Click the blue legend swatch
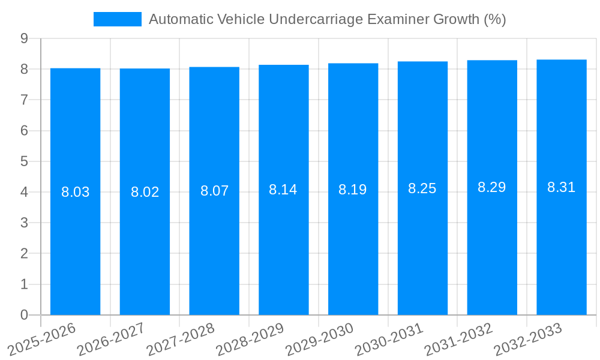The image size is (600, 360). (x=118, y=19)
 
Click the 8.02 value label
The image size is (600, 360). (x=145, y=192)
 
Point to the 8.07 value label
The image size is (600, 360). (x=214, y=191)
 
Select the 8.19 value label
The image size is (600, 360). (x=353, y=190)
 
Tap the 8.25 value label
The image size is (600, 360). (x=422, y=188)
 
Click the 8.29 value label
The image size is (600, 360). (x=492, y=187)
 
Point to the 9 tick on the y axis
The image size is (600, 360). (x=24, y=38)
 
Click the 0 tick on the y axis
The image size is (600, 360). (x=24, y=315)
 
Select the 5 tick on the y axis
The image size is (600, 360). (x=24, y=161)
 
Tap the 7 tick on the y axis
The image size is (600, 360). (x=24, y=100)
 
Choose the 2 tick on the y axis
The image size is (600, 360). (x=24, y=254)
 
